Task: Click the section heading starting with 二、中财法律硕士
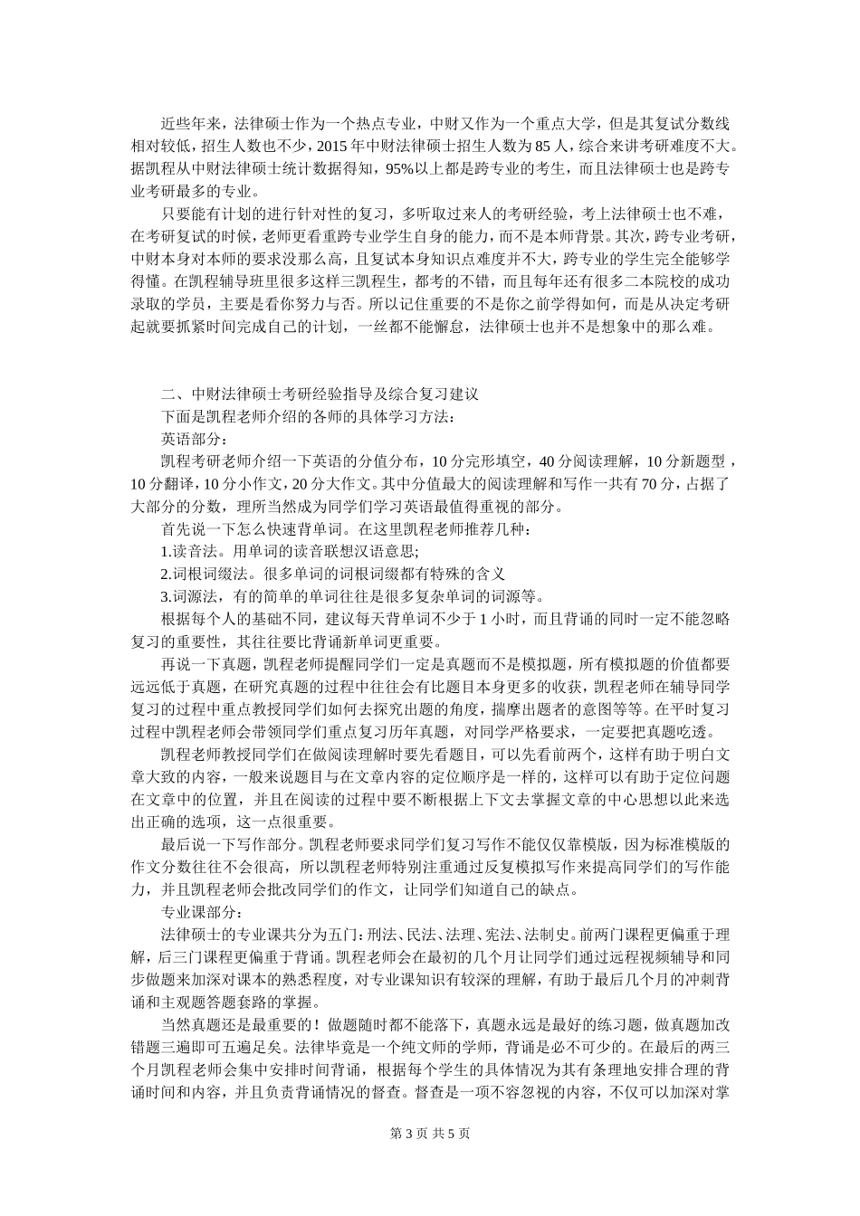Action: [x=319, y=394]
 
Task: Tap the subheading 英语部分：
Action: [x=191, y=439]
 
